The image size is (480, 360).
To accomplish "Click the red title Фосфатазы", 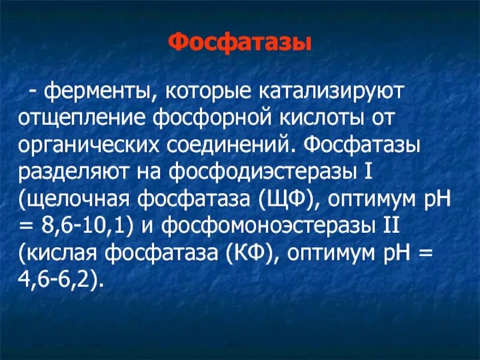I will [239, 43].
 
